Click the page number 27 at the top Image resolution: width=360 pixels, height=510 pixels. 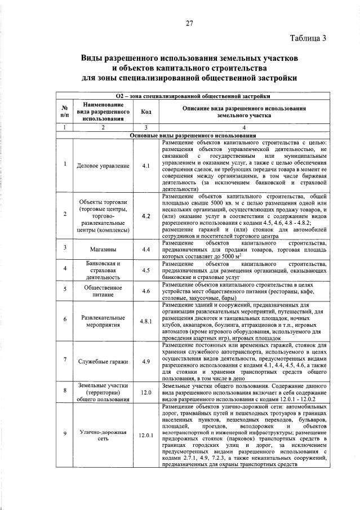tap(189, 23)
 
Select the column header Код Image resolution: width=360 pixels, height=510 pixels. tap(146, 112)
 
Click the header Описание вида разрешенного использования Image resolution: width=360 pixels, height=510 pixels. tap(245, 111)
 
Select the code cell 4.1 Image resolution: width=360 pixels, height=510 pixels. tap(146, 166)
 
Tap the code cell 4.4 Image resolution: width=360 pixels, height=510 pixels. tap(146, 248)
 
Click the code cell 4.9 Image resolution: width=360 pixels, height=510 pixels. tap(146, 361)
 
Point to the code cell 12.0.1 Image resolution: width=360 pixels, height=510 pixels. tap(146, 435)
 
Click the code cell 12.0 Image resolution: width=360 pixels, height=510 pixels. tap(146, 392)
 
